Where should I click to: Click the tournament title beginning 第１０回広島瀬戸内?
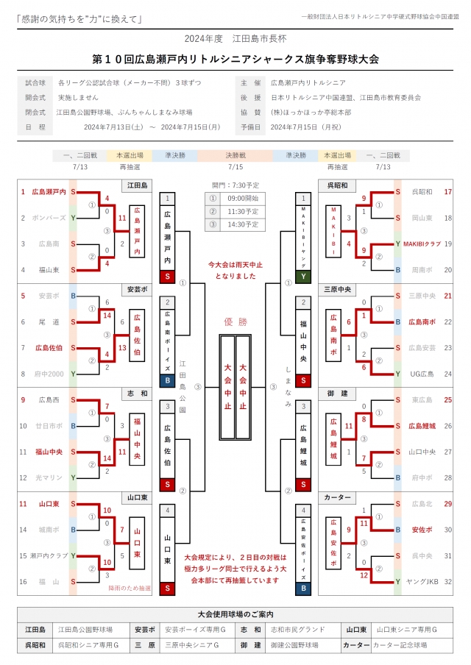point(235,58)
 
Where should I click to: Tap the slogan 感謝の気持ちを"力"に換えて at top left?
point(79,18)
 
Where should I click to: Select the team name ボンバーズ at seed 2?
point(49,218)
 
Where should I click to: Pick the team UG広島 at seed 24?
point(422,374)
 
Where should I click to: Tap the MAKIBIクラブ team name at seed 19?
point(422,243)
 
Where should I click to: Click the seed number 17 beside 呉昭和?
point(447,191)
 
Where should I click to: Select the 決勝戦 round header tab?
point(235,155)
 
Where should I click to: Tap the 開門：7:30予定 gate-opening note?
point(235,185)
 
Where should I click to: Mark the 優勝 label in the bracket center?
point(235,321)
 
